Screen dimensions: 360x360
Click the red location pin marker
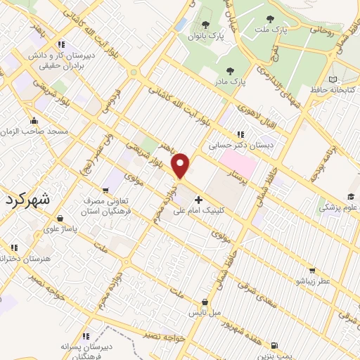[x=181, y=166]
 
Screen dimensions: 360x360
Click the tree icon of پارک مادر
[x=230, y=71]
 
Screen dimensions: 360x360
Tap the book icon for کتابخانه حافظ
[x=333, y=79]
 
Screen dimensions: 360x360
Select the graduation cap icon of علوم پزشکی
[x=350, y=198]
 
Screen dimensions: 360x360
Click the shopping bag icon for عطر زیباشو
[x=312, y=270]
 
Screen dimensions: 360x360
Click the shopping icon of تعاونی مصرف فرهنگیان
[x=107, y=189]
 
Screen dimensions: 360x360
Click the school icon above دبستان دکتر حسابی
[x=241, y=134]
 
